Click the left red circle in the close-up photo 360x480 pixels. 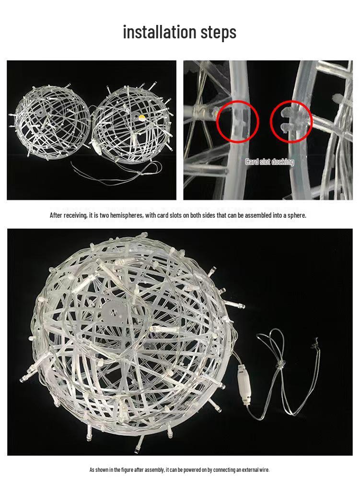click(237, 122)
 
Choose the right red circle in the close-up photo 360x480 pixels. click(290, 122)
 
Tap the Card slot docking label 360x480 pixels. click(269, 162)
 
